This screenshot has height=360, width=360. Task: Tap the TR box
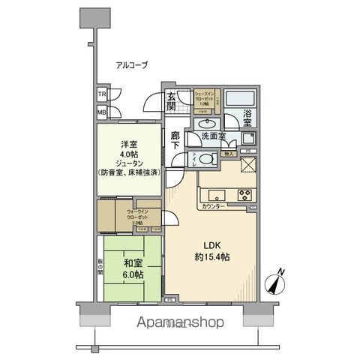(101, 95)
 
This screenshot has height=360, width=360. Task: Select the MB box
(101, 112)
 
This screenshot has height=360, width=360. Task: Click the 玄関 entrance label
(172, 100)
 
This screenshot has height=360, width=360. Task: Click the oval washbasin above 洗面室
(206, 122)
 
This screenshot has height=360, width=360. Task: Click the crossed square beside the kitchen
(248, 166)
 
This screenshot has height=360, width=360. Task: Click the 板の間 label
(100, 266)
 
